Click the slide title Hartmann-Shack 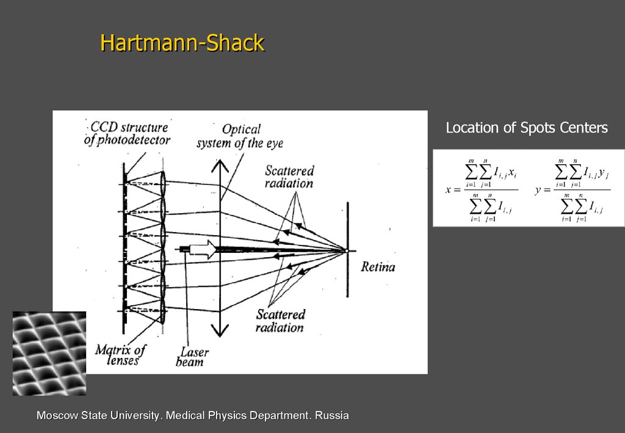click(x=182, y=43)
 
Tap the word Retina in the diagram click(x=378, y=267)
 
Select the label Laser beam click(x=193, y=357)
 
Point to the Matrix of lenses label click(x=121, y=355)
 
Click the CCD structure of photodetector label click(x=127, y=134)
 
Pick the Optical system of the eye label click(x=240, y=136)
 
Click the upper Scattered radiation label click(x=289, y=176)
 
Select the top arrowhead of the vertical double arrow click(x=219, y=166)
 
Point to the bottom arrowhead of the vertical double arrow click(x=219, y=332)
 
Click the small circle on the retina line click(x=346, y=250)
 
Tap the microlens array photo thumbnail click(x=49, y=353)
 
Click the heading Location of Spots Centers click(x=526, y=128)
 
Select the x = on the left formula click(x=452, y=190)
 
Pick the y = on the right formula click(x=542, y=190)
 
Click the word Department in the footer click(x=276, y=416)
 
